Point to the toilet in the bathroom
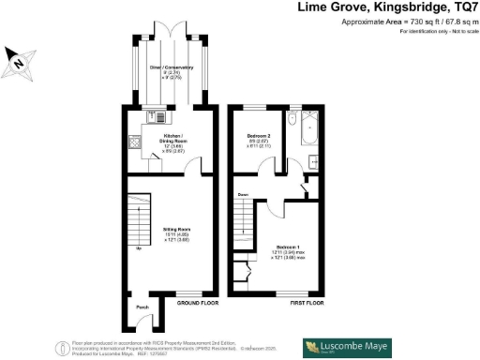(x=293, y=123)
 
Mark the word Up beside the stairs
(x=140, y=249)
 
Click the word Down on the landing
(x=243, y=195)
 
